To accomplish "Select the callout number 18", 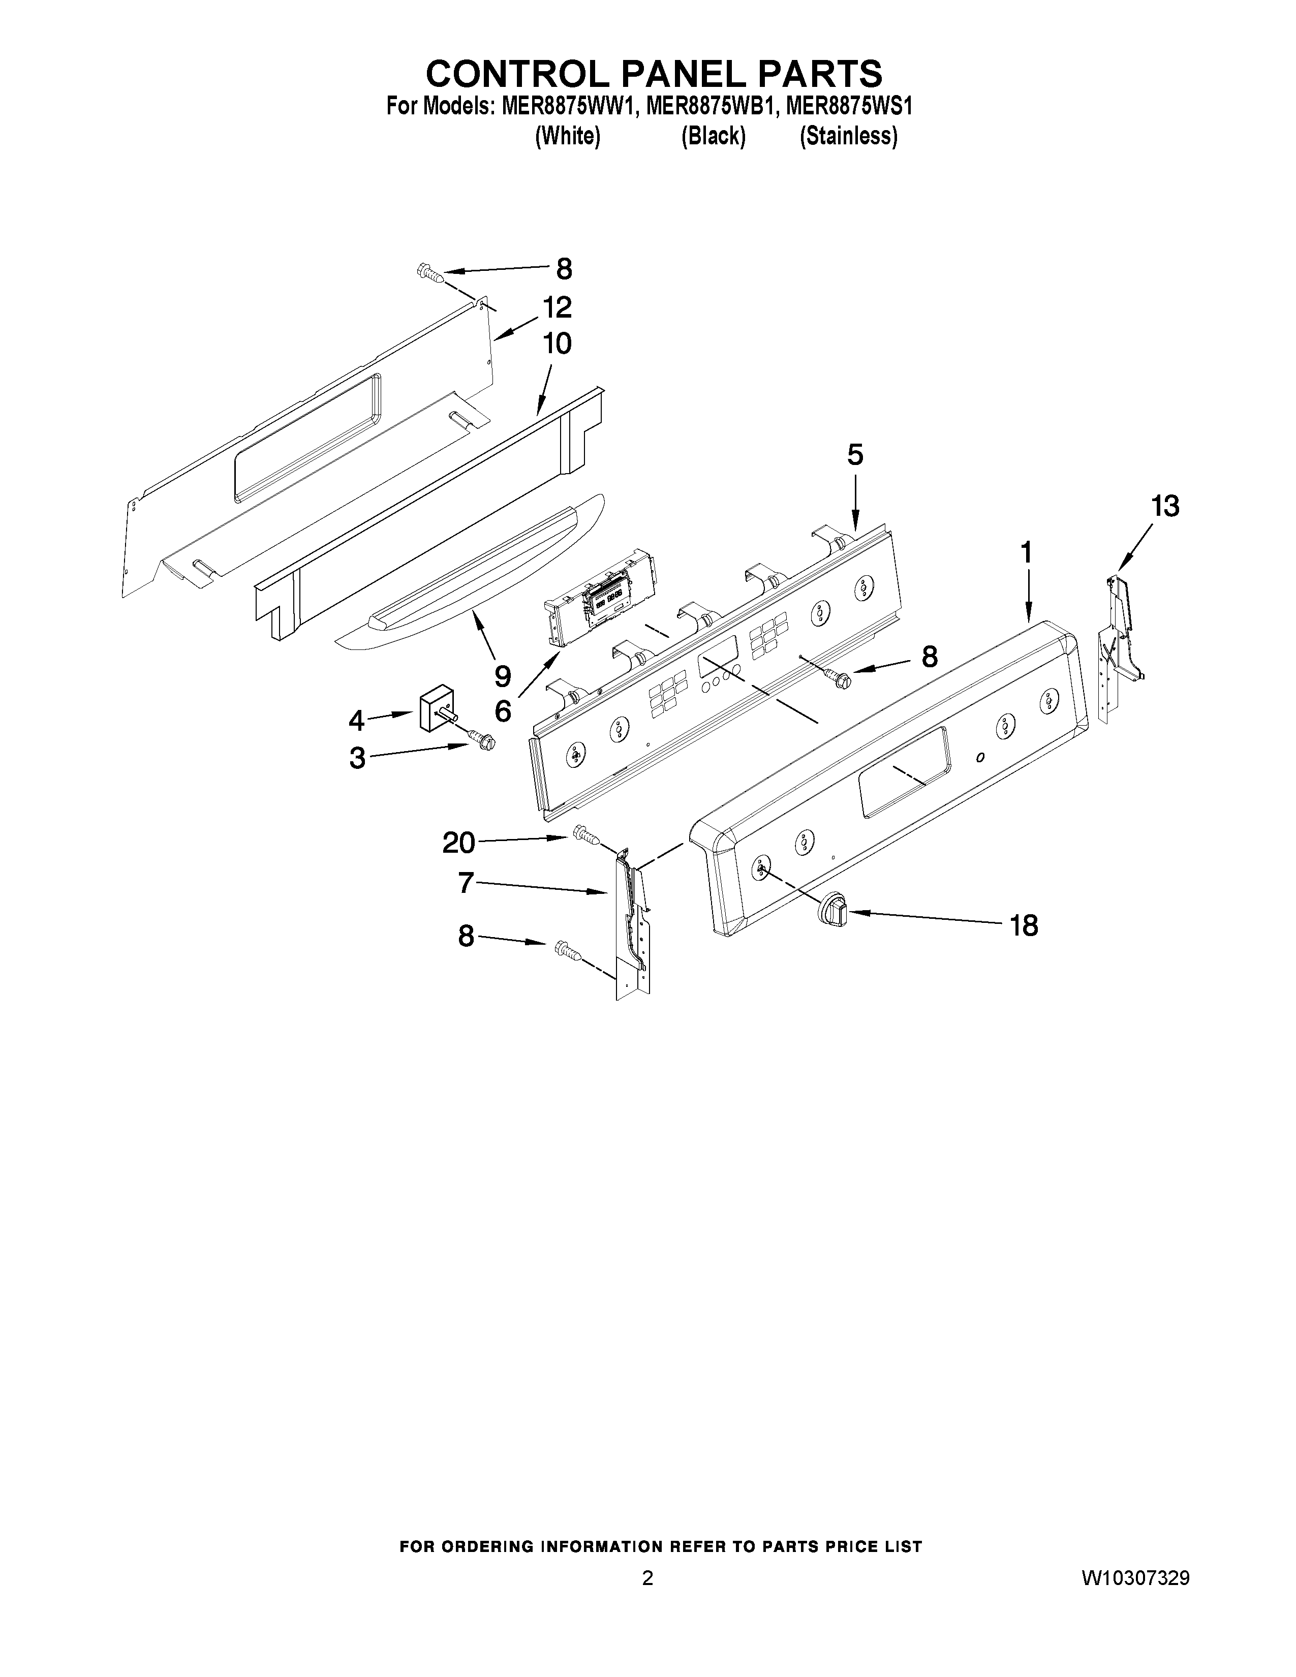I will coord(1024,925).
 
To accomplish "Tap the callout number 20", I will coord(458,843).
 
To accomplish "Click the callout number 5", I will coord(854,455).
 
